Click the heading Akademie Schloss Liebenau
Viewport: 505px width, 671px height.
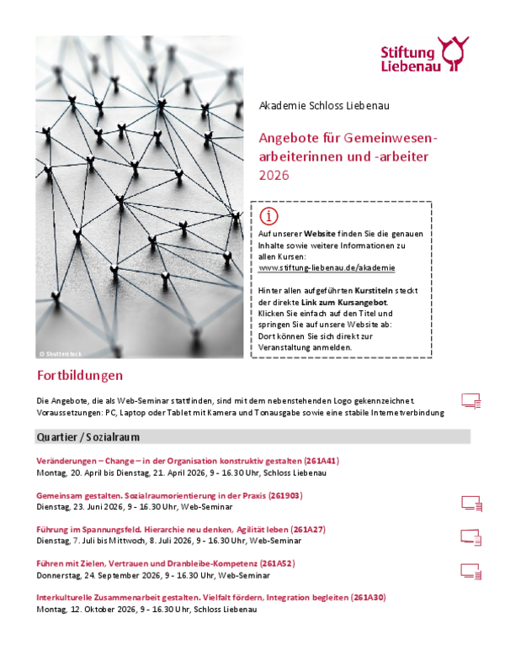[x=324, y=106]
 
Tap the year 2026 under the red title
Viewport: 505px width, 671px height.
[x=274, y=176]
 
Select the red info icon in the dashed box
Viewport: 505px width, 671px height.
[x=268, y=215]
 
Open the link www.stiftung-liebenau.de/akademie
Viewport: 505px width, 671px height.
[x=327, y=267]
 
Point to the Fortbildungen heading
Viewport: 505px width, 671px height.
[x=80, y=375]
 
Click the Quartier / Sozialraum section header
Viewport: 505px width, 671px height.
[x=88, y=437]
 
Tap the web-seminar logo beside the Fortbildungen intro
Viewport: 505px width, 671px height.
[x=470, y=400]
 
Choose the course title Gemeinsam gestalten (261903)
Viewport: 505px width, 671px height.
[x=169, y=495]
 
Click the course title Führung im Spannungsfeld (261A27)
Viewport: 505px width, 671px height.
[x=181, y=530]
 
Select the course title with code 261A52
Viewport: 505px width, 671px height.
[x=165, y=563]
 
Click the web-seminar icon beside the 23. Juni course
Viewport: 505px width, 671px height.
[x=470, y=503]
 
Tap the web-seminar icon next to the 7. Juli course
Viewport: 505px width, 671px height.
[x=470, y=536]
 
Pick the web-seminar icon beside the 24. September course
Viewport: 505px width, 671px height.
[x=470, y=570]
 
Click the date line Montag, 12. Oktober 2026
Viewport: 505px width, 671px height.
[x=159, y=608]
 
